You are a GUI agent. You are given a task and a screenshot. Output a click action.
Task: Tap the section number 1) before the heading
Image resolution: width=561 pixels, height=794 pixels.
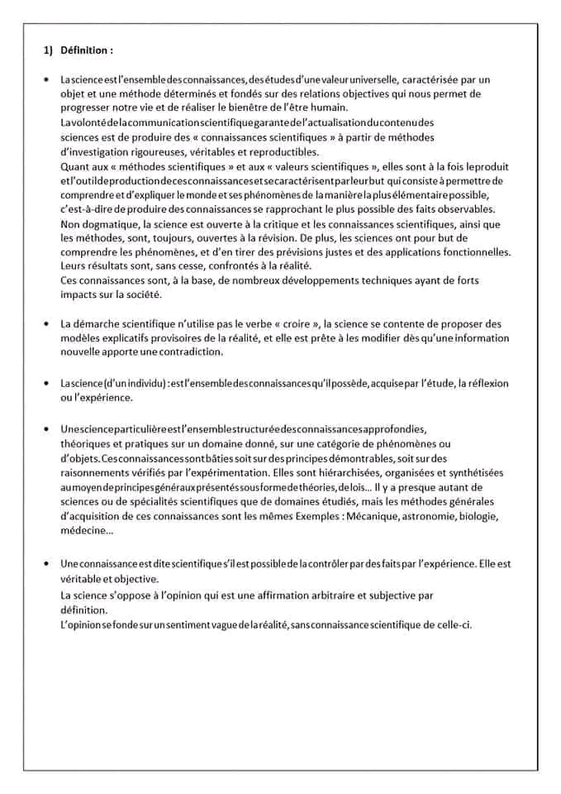pos(48,50)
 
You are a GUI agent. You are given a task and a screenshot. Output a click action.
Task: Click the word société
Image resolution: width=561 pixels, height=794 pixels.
pos(147,294)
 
